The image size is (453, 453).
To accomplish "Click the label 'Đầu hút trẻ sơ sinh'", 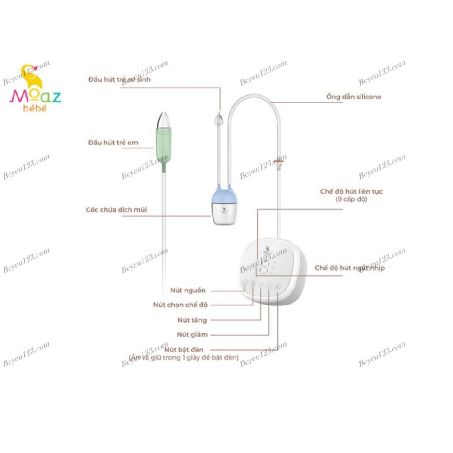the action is pyautogui.click(x=120, y=79).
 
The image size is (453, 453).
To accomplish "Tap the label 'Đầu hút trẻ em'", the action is pyautogui.click(x=113, y=143).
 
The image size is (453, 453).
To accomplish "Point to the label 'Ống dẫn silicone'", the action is pyautogui.click(x=353, y=97).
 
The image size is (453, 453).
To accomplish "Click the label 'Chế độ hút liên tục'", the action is pyautogui.click(x=351, y=191).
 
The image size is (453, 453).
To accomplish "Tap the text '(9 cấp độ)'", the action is pyautogui.click(x=351, y=199).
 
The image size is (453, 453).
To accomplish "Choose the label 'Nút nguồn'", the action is pyautogui.click(x=188, y=290).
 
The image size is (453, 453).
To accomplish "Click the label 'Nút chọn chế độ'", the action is pyautogui.click(x=180, y=305).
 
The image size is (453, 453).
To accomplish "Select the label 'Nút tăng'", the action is pyautogui.click(x=192, y=320).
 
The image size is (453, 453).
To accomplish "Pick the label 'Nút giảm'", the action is pyautogui.click(x=192, y=335).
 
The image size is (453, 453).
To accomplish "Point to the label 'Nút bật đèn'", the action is pyautogui.click(x=184, y=350).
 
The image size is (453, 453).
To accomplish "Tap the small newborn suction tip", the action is pyautogui.click(x=219, y=120).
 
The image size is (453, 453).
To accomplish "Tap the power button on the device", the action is pyautogui.click(x=245, y=283).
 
